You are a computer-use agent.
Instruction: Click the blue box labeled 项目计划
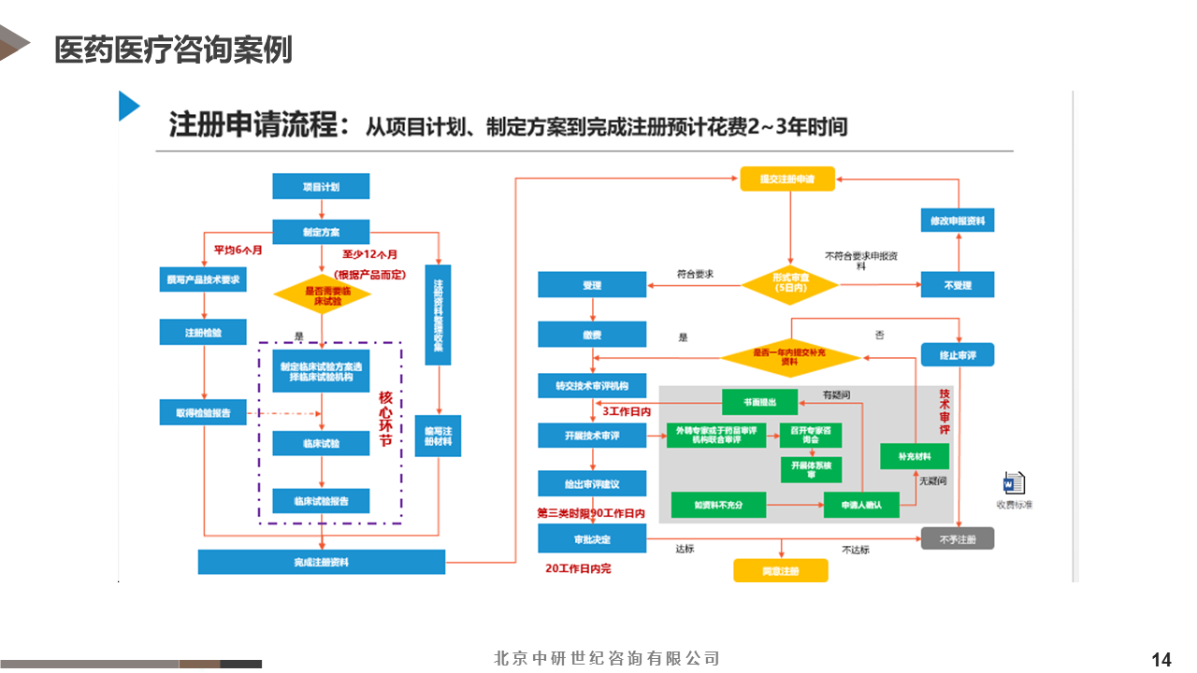click(321, 187)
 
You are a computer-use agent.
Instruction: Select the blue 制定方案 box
click(321, 232)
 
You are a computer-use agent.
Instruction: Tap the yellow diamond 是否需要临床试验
click(323, 294)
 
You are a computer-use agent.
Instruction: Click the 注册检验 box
click(203, 332)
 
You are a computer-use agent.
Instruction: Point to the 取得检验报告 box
click(203, 411)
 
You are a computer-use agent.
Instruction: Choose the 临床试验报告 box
click(321, 501)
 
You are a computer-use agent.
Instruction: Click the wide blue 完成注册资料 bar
click(321, 562)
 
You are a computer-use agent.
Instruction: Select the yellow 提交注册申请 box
click(787, 179)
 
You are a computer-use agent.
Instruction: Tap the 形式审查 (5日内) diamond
click(790, 283)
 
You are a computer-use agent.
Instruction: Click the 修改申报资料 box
click(958, 221)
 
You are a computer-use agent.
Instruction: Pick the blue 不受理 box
click(958, 285)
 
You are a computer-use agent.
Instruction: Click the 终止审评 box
click(958, 355)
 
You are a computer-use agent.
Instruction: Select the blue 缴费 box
click(592, 335)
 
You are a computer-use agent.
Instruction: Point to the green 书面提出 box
click(759, 402)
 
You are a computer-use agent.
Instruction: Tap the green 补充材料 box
click(915, 456)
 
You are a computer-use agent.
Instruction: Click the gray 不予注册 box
click(958, 538)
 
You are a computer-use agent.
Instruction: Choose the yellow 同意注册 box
click(780, 570)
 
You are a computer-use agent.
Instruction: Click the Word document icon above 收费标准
click(1014, 484)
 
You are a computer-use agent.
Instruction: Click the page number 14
click(1161, 660)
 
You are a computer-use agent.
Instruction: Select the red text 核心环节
click(385, 418)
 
